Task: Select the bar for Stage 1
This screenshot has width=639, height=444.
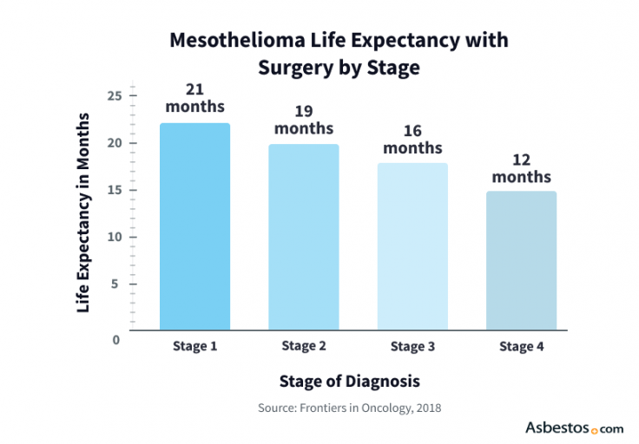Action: coord(195,226)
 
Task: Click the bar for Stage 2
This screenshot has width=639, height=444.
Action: coord(304,237)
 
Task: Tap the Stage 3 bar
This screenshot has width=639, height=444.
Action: coord(412,246)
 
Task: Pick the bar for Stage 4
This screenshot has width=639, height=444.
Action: coord(522,260)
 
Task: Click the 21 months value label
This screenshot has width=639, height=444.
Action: coord(195,97)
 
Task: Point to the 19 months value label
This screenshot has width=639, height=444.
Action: coord(304,120)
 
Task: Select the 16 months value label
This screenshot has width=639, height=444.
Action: coord(412,139)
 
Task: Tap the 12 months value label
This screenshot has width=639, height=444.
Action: coord(522,167)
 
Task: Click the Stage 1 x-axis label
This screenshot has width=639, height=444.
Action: coord(195,347)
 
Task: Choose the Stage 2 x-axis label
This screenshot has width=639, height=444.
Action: coord(304,347)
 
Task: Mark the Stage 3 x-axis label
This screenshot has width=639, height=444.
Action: coord(412,347)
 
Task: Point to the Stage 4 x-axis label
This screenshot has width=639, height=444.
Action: coord(522,347)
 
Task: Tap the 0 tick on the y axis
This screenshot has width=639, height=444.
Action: coord(115,339)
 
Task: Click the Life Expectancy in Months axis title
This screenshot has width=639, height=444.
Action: coord(83,212)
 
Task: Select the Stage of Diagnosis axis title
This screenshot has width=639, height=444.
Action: coord(349,381)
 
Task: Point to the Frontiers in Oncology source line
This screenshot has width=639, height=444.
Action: coord(349,408)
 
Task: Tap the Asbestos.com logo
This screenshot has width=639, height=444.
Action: coord(574,428)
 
